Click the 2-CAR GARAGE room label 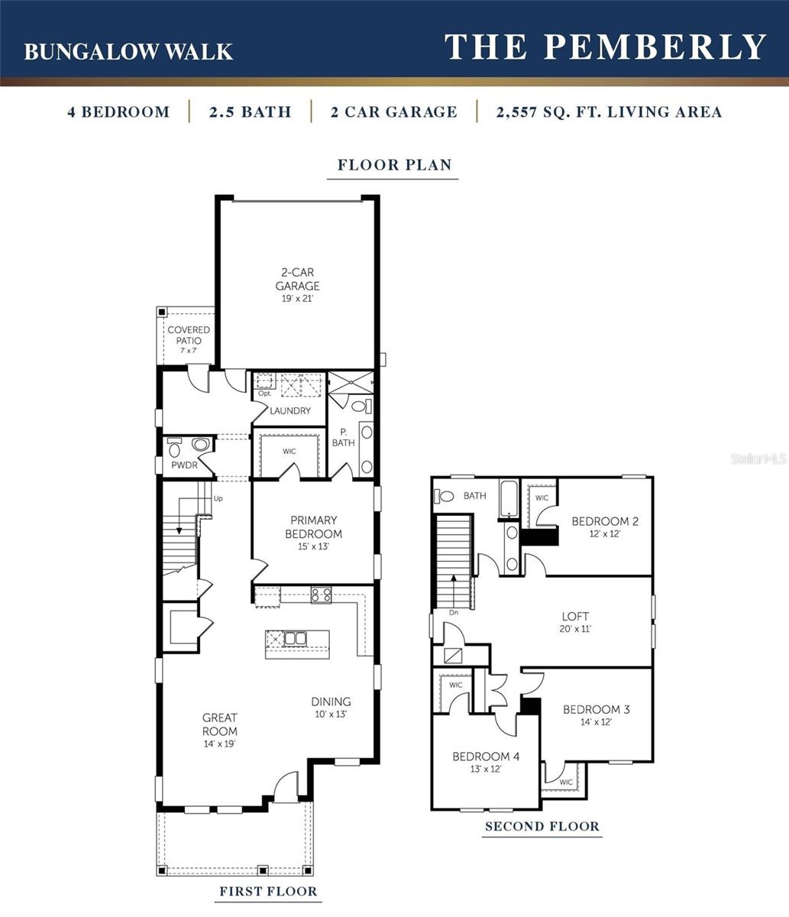[297, 279]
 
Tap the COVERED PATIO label [189, 335]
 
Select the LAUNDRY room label [290, 410]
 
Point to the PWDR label [183, 464]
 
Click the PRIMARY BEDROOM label [313, 527]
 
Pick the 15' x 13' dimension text [313, 547]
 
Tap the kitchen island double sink [296, 638]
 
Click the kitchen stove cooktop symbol [321, 594]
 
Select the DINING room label [331, 702]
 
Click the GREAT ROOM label [220, 724]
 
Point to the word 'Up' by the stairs [218, 498]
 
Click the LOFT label [575, 616]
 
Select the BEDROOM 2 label [605, 521]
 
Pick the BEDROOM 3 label [597, 709]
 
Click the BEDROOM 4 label [486, 757]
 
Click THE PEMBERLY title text [605, 47]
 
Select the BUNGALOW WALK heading [128, 51]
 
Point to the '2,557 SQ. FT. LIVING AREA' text [609, 112]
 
